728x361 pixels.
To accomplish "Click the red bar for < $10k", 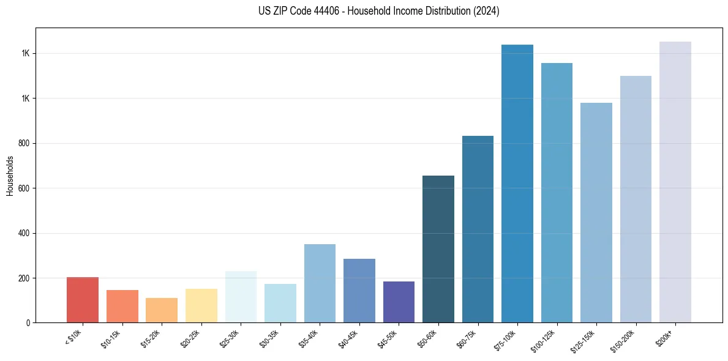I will (x=83, y=300).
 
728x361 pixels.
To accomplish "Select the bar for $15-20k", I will (x=162, y=310).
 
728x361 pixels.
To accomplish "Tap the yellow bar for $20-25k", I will (x=201, y=305).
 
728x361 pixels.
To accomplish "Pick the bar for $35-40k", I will (x=320, y=283).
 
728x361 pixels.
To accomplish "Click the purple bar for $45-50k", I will (x=399, y=302).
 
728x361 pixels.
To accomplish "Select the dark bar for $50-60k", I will (x=438, y=249).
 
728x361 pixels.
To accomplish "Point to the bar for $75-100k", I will (x=517, y=184).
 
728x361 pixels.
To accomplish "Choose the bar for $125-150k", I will (x=596, y=212).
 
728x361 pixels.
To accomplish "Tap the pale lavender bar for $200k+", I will (x=675, y=182).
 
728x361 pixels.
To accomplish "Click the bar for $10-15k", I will (x=122, y=306).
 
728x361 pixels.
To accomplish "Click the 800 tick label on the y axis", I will (x=24, y=143).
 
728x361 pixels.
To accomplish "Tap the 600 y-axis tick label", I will (x=24, y=188).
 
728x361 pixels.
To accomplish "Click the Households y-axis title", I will (x=10, y=175).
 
